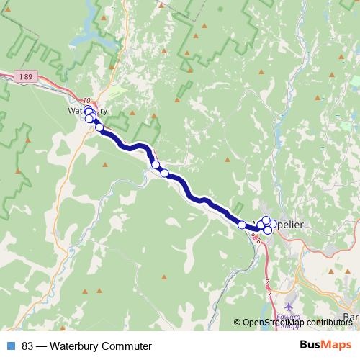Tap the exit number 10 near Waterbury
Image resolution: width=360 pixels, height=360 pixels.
point(87,101)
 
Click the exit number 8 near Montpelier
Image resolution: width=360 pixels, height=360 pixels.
point(258,240)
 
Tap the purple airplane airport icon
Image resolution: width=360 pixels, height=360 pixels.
point(290,299)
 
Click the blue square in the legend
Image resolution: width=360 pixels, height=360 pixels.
point(10,346)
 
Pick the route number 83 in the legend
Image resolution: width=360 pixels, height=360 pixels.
point(28,346)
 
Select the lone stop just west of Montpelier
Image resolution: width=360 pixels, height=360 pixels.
point(242,225)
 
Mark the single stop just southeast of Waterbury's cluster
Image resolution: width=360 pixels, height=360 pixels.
point(99,128)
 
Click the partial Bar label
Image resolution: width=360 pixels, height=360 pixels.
point(351,317)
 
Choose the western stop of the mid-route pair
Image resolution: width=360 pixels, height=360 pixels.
point(156,166)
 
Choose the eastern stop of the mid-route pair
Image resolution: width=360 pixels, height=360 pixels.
point(164,173)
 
